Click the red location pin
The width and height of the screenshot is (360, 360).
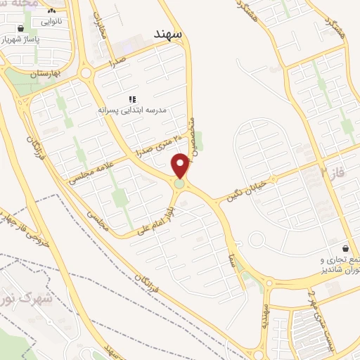181,165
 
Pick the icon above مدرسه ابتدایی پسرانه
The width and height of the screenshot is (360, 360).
131,99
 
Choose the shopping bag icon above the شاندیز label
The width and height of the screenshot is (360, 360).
345,248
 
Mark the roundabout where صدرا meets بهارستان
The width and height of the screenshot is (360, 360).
87,73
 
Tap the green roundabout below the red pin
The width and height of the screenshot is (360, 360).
181,184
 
